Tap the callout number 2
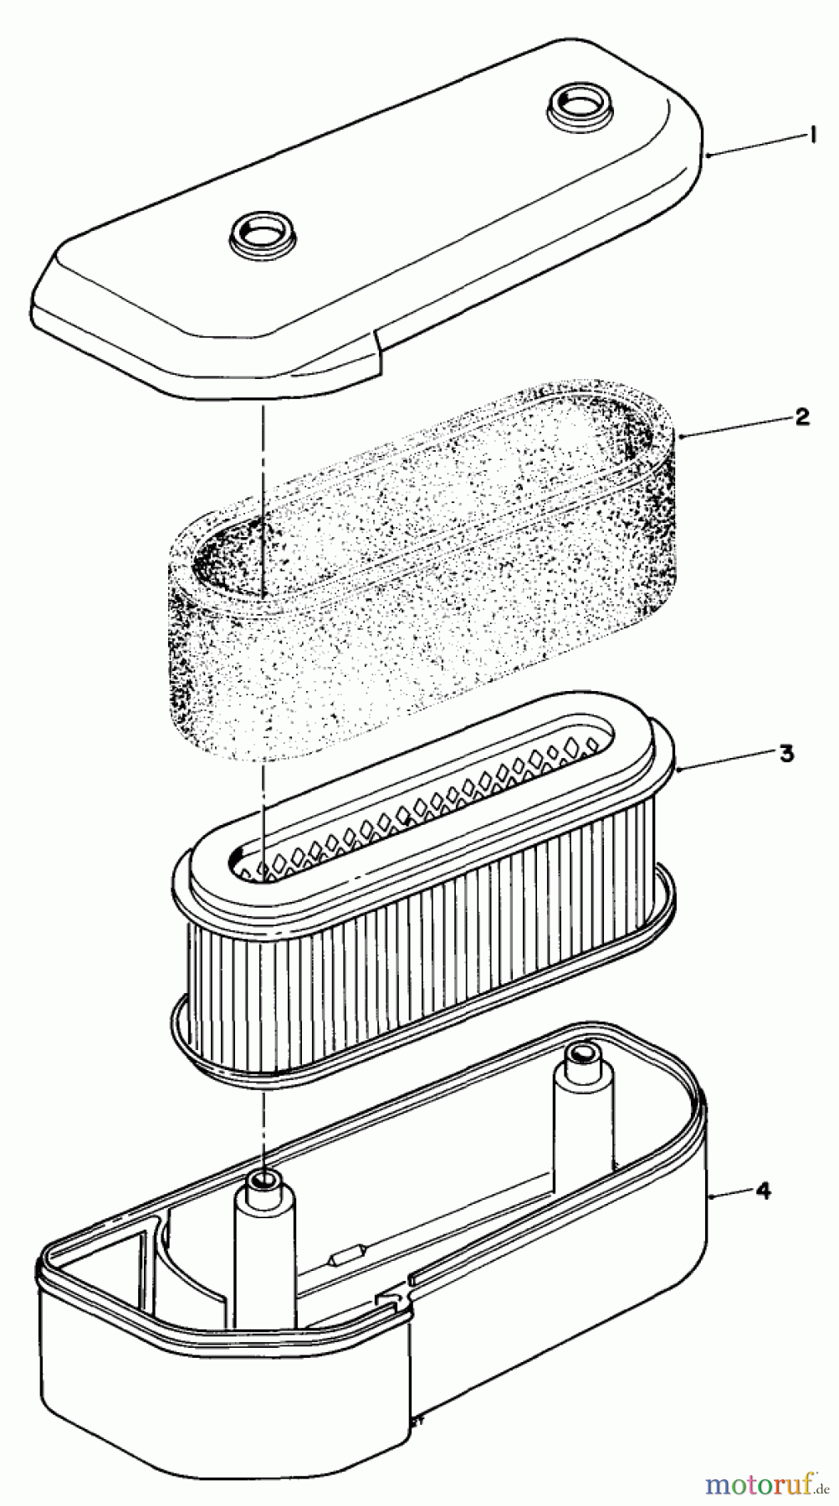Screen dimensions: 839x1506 [802, 416]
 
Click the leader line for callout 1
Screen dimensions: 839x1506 [750, 146]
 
